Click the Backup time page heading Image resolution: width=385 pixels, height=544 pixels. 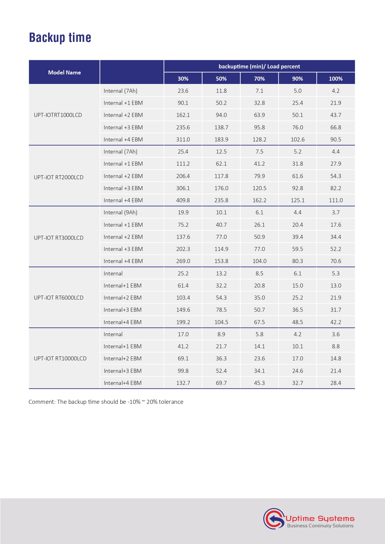[60, 38]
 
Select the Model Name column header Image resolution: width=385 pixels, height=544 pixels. [64, 72]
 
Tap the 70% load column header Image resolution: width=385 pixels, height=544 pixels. [259, 78]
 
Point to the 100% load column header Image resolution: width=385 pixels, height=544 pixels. [336, 78]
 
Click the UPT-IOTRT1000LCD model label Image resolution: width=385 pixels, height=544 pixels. [58, 115]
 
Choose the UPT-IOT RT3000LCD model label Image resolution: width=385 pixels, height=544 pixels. [59, 238]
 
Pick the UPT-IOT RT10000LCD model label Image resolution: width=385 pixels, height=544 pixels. [60, 359]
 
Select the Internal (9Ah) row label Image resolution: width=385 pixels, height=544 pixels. [120, 212]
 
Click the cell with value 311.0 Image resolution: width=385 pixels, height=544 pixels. [183, 140]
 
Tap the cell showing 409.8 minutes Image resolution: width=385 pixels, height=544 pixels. [183, 200]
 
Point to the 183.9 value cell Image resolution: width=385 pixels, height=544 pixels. [221, 140]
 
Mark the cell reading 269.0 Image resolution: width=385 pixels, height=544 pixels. [183, 261]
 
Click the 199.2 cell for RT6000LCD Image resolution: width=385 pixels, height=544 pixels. [183, 322]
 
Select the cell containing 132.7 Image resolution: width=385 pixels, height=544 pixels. [183, 383]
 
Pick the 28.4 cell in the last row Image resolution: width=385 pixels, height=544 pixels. [336, 383]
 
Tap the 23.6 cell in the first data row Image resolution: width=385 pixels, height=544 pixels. [183, 91]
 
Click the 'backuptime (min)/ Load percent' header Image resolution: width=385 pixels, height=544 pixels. [259, 66]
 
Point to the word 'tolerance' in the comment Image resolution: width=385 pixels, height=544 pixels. [171, 402]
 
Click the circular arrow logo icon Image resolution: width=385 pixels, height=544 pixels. [274, 519]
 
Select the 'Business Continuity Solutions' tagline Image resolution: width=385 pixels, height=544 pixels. [320, 526]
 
